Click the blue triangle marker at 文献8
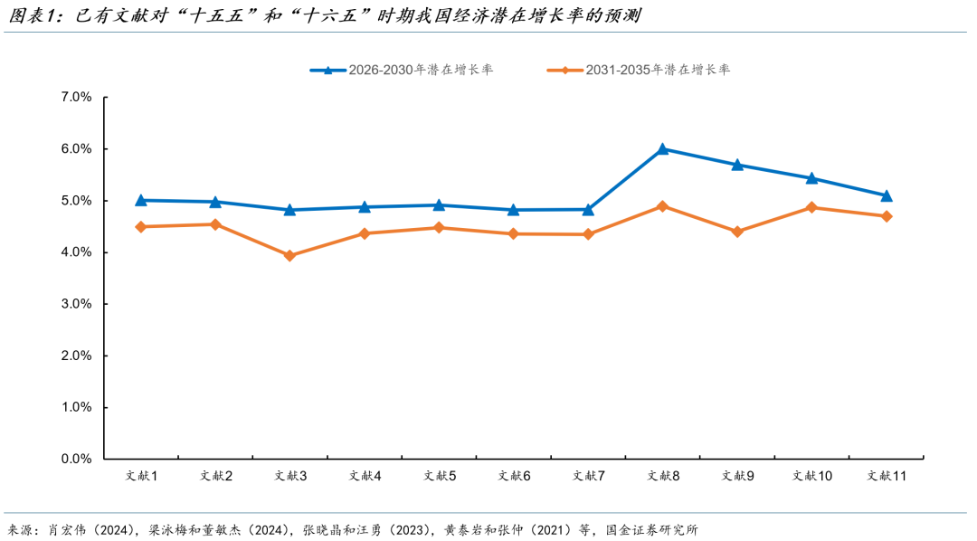coord(662,149)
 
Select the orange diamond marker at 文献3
coord(289,256)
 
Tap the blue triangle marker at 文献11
coord(887,195)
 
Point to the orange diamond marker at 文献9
coord(737,232)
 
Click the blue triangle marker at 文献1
coord(140,200)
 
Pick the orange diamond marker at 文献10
coord(811,207)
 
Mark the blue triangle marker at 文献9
coord(737,165)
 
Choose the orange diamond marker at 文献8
coord(662,206)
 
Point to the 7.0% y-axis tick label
coord(76,97)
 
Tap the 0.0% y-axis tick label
coord(76,460)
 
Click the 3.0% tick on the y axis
coord(76,304)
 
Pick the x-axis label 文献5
coord(439,476)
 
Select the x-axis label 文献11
coord(887,476)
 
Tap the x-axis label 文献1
coord(140,476)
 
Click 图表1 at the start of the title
coord(28,15)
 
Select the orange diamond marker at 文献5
coord(439,228)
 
